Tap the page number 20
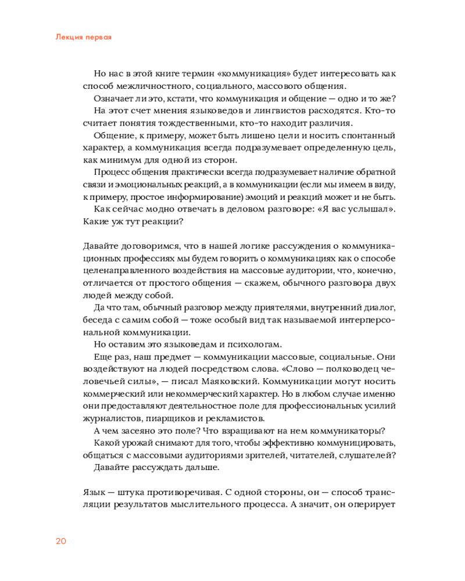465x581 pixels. pyautogui.click(x=61, y=541)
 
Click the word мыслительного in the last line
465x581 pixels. pyautogui.click(x=200, y=505)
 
